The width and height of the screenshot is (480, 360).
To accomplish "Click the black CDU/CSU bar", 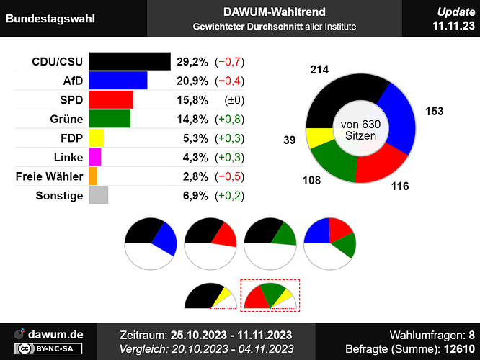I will coord(130,61).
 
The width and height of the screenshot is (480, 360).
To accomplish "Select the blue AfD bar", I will coord(118,80).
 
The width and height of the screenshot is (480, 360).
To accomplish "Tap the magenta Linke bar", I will coord(95,157).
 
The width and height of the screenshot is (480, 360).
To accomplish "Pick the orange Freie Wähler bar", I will coord(93,176).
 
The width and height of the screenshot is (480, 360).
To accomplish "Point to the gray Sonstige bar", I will coord(99,195).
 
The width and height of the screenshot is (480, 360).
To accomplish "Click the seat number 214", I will coord(320,70).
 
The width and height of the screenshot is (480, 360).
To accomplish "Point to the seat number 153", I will coord(434,111).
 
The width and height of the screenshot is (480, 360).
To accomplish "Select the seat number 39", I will coord(290,140).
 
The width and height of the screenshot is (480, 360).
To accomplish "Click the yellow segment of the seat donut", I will coord(316,138).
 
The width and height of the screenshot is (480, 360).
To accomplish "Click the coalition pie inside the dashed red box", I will coord(270,295).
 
